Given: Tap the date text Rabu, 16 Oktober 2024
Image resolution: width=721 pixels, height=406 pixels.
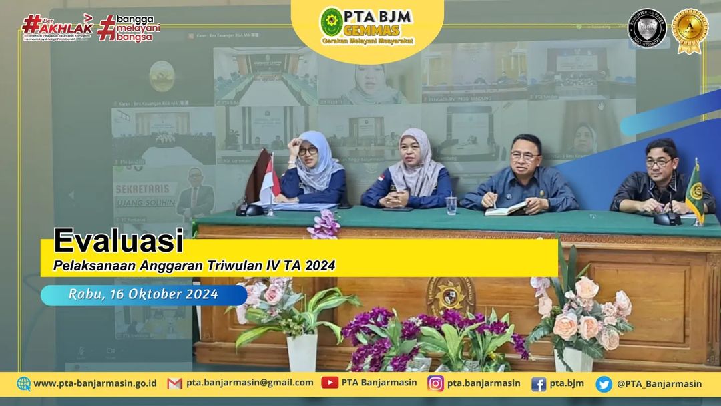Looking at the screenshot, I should click(x=143, y=294).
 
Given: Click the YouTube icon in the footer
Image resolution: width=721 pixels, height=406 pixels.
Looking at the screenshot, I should click(x=330, y=383).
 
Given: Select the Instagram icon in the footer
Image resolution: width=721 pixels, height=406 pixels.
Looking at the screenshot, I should click(x=436, y=383).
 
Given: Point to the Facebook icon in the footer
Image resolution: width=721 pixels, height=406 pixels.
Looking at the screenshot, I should click(x=539, y=383).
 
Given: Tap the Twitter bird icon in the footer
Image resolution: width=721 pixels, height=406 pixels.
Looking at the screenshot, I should click(x=604, y=383).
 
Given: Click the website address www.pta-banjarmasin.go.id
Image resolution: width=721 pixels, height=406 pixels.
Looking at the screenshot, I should click(x=94, y=383).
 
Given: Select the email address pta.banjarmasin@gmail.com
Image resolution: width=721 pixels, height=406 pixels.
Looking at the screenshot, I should click(x=250, y=383).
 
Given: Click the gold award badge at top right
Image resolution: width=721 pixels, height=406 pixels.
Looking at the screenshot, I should click(x=690, y=31).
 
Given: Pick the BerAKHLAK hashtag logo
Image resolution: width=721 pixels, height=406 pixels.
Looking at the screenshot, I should click(x=57, y=27).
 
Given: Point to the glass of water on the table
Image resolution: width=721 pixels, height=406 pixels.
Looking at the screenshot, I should click(x=452, y=204).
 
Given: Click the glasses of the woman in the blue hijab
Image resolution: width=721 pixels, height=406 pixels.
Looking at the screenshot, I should click(x=308, y=151).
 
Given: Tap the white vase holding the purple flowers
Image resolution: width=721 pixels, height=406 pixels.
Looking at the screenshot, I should click(x=302, y=351).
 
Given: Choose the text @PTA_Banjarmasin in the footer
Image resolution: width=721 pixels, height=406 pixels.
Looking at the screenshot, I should click(x=659, y=383).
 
